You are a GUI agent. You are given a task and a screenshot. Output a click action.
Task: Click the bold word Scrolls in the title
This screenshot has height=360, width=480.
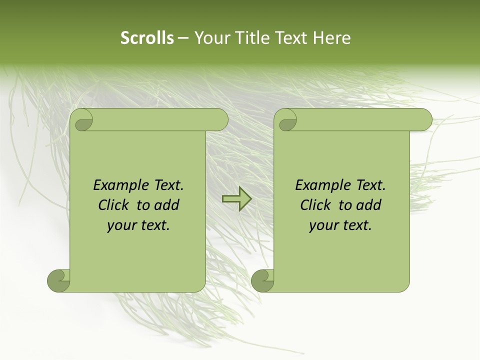147,38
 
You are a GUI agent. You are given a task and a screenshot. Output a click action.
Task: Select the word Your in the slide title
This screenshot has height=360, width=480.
210,38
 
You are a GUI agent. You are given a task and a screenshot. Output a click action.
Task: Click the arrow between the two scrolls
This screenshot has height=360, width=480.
236,199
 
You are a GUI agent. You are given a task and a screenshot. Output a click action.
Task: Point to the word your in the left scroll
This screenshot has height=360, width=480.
121,225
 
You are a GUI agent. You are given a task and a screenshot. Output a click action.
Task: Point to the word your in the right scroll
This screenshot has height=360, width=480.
323,225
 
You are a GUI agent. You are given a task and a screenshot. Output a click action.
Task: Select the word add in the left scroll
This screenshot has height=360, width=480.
167,205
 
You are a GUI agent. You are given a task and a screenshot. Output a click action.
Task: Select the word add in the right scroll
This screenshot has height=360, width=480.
369,205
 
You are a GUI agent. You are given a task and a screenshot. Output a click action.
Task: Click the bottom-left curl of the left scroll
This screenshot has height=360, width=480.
59,280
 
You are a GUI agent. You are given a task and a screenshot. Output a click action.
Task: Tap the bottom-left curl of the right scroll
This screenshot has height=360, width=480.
262,280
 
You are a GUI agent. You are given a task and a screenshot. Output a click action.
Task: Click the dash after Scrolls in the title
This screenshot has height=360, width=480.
183,38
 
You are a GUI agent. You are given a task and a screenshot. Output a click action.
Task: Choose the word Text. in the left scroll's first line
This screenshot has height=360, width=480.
166,185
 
